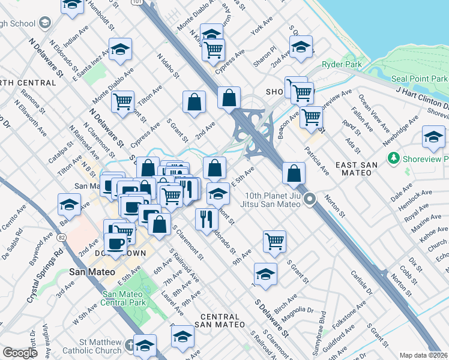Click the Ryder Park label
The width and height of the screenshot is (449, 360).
point(339,64)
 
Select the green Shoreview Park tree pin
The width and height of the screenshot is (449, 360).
point(394,158)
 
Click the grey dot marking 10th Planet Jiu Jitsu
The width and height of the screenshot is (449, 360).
point(310,199)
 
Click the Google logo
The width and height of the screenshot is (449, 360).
point(20,352)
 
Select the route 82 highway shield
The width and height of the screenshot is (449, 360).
point(44,238)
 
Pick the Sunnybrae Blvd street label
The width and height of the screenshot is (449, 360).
point(323,329)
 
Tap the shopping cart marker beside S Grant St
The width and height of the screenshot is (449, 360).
point(274,241)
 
